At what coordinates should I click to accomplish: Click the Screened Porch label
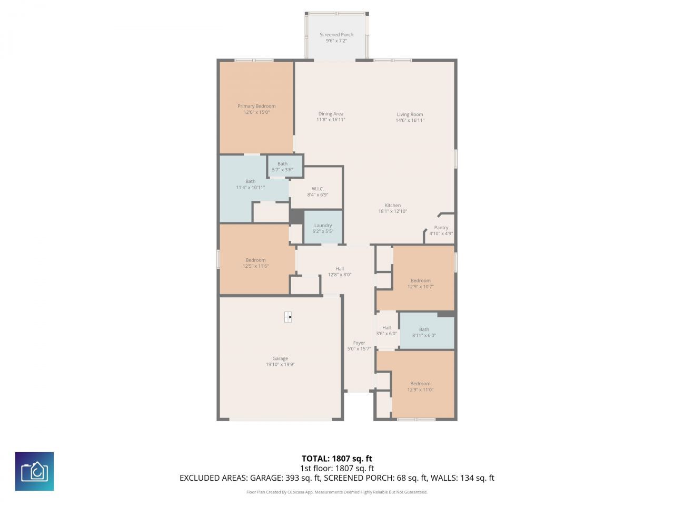[x=336, y=35]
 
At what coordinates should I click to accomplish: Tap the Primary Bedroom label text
[x=256, y=106]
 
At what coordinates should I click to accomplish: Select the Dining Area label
[x=331, y=114]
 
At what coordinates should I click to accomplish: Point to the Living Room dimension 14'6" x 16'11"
[x=410, y=121]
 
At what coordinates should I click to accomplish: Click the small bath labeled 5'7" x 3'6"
[x=283, y=167]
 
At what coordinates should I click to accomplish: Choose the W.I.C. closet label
[x=318, y=189]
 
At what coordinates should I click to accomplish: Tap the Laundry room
[x=323, y=228]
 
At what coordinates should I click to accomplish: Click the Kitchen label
[x=392, y=206]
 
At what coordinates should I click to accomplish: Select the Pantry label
[x=441, y=228]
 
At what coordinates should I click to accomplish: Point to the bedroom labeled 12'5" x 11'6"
[x=255, y=263]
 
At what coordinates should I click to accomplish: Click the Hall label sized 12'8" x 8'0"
[x=340, y=269]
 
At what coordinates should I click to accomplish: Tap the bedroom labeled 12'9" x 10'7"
[x=420, y=284]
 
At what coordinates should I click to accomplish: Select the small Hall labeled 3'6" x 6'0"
[x=386, y=330]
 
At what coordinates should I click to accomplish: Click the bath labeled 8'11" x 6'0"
[x=424, y=332]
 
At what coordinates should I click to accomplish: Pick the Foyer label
[x=359, y=343]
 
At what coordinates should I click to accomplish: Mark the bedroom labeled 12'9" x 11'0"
[x=420, y=386]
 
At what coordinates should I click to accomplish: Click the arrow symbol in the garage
[x=288, y=317]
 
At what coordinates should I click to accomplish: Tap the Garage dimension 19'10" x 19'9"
[x=280, y=364]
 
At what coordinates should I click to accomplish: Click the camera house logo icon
[x=34, y=471]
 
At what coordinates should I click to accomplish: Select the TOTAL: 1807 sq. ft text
[x=336, y=459]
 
